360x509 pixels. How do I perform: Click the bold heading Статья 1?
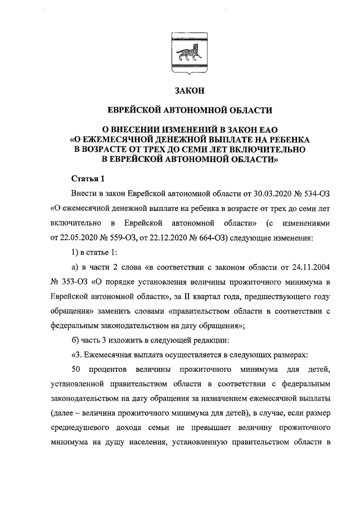click(88, 179)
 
